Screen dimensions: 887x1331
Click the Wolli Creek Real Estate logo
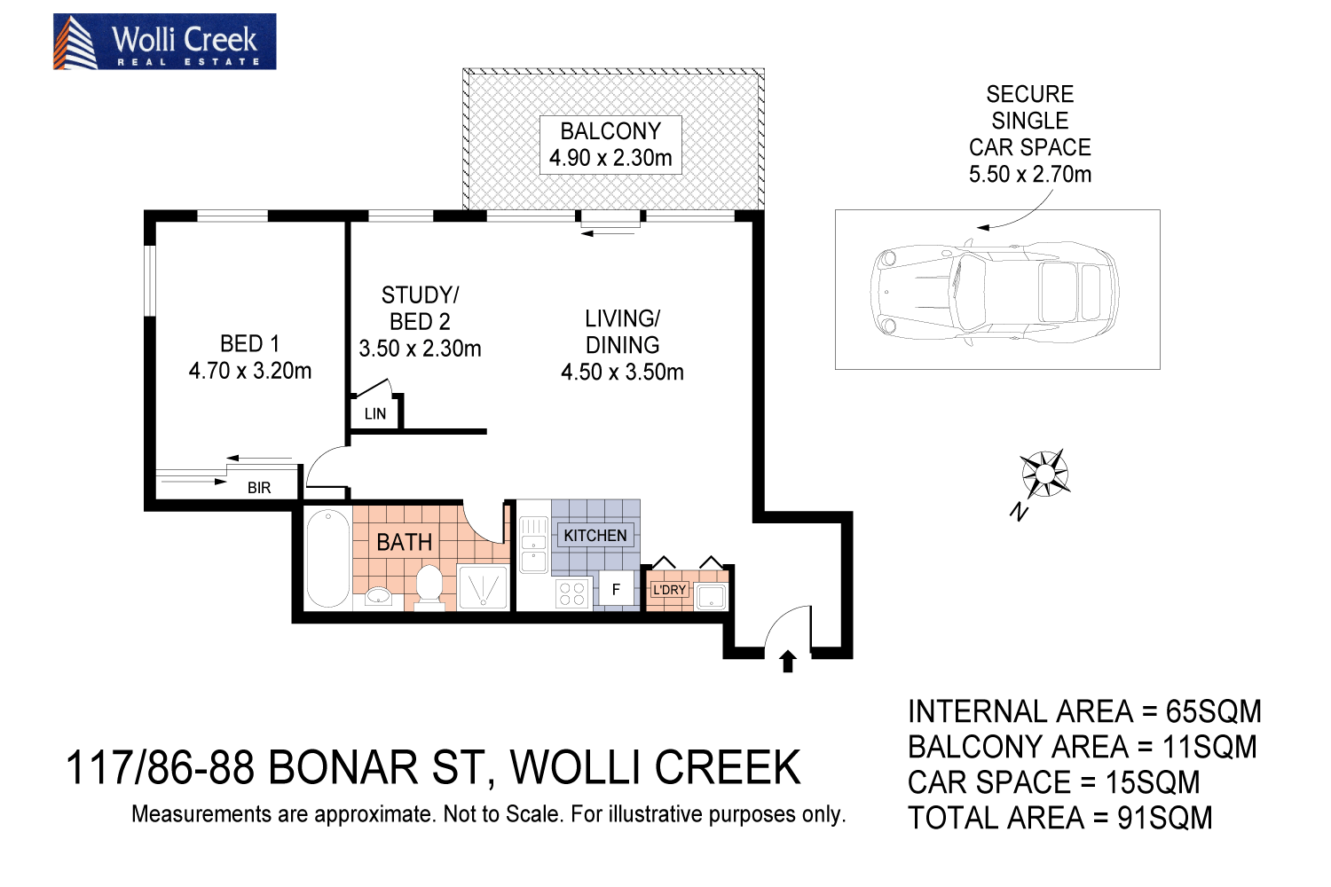click(x=165, y=42)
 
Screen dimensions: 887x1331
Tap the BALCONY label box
click(x=610, y=145)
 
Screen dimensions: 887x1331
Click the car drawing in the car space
click(x=994, y=290)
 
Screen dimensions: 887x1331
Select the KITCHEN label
click(x=595, y=536)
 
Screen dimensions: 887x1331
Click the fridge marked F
click(x=616, y=590)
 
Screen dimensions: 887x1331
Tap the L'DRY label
click(x=669, y=590)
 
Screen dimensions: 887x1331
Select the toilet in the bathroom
click(x=429, y=588)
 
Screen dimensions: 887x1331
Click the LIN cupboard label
click(x=375, y=414)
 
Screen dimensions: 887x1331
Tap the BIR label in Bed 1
click(x=259, y=488)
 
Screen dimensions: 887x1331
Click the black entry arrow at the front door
click(x=787, y=661)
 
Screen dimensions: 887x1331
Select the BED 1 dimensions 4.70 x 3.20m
click(x=250, y=371)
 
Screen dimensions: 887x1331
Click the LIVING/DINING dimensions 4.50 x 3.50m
click(x=622, y=373)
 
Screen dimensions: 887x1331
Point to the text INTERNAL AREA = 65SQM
click(x=1083, y=711)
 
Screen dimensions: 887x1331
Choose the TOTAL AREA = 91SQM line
click(x=1059, y=818)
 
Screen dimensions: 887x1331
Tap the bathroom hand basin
click(x=378, y=596)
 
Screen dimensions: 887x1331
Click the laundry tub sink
click(x=711, y=597)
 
